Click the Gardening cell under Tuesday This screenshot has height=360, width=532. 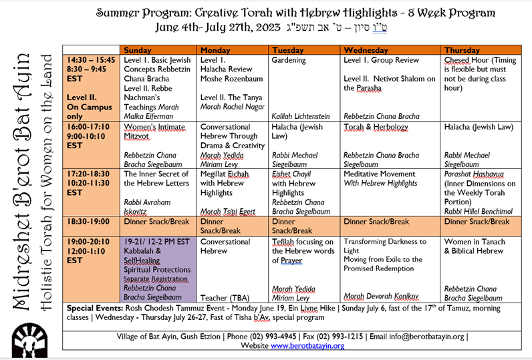point(304,87)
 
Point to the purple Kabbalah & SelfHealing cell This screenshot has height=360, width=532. point(158,269)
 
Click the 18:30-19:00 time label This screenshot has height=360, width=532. point(88,222)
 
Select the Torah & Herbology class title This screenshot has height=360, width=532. point(376,127)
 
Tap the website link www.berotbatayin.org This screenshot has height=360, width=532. point(307,346)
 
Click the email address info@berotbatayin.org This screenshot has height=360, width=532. point(426,337)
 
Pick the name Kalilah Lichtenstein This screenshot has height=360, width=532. point(301,116)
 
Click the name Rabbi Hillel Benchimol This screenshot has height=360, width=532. point(479,212)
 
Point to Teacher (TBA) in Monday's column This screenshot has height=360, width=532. point(225,298)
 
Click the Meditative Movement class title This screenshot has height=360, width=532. point(380,174)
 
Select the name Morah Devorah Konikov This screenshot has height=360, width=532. point(381,297)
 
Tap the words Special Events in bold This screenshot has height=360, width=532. point(95,308)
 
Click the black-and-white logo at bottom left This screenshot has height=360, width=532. point(29,340)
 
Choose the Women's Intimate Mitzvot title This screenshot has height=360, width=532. point(154,132)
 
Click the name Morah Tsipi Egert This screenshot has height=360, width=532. point(228,212)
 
